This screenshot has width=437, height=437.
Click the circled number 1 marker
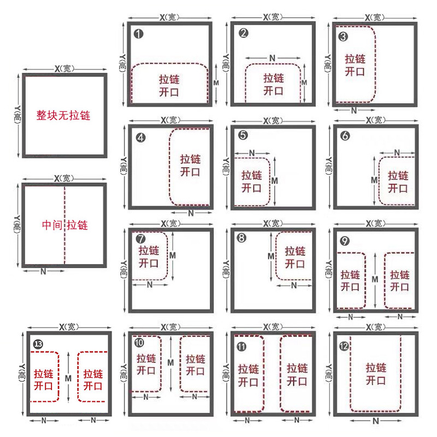click(139, 34)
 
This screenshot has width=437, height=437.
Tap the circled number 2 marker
click(243, 33)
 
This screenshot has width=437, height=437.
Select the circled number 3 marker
click(343, 37)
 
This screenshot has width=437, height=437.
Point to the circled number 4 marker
click(141, 138)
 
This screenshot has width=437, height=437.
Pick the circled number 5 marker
click(243, 135)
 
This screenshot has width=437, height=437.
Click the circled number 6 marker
click(345, 135)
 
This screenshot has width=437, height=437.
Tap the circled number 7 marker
click(141, 239)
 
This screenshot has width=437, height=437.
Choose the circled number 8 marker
click(241, 238)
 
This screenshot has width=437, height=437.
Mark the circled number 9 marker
click(345, 241)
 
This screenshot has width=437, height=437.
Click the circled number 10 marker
click(139, 342)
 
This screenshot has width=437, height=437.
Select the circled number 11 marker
click(241, 346)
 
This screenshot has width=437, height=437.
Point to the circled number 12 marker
click(344, 346)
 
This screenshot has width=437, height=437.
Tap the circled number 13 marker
click(38, 344)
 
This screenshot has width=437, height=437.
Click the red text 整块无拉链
click(63, 115)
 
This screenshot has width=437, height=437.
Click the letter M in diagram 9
click(375, 279)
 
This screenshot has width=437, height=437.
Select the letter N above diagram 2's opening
click(272, 58)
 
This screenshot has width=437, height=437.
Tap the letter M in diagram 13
click(68, 378)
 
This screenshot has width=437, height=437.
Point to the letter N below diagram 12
click(376, 421)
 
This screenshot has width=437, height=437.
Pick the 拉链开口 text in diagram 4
click(190, 166)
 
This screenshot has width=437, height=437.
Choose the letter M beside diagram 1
click(216, 83)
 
